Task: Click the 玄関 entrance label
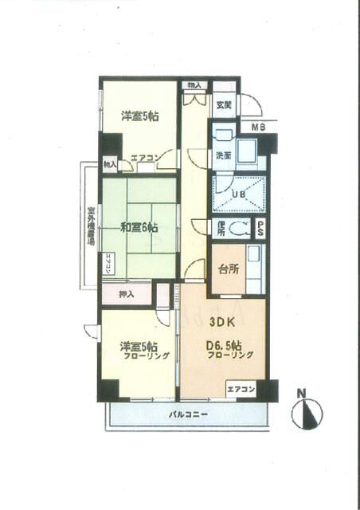tap(222, 105)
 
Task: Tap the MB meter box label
tap(260, 127)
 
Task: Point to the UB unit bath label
tap(238, 194)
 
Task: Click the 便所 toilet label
tap(221, 228)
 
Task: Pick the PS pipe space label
tap(260, 228)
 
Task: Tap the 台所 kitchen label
tap(226, 269)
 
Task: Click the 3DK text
tap(222, 324)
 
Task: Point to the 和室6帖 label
tap(139, 227)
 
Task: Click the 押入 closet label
tap(126, 294)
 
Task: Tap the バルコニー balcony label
tap(188, 414)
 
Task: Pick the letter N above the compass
tap(301, 392)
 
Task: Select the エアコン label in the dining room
tap(240, 390)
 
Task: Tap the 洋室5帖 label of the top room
tap(139, 116)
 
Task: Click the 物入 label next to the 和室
tap(109, 165)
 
